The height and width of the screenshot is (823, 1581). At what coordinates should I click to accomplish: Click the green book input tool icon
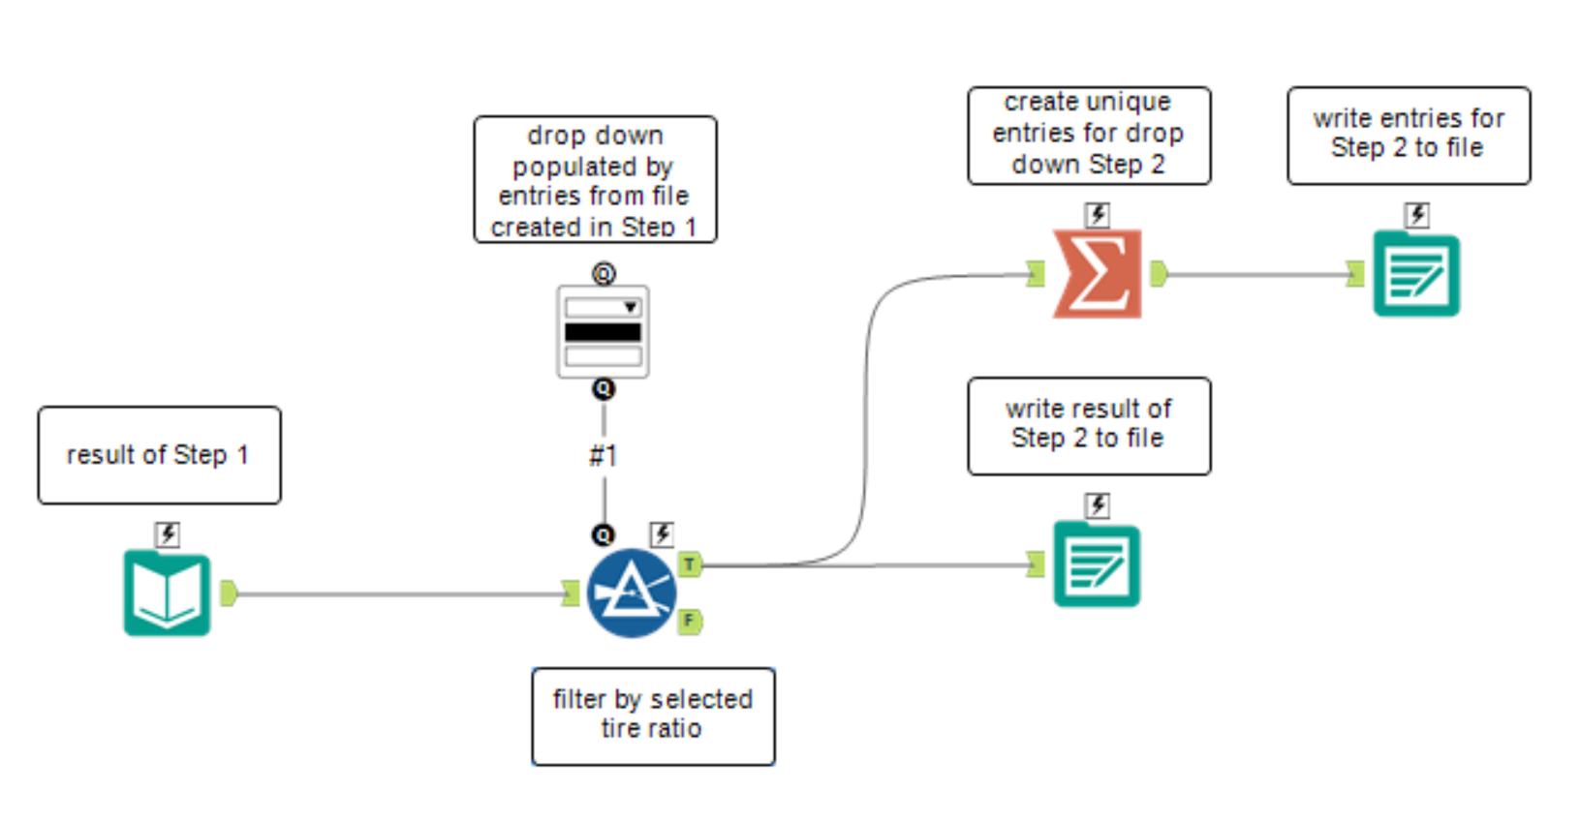(167, 594)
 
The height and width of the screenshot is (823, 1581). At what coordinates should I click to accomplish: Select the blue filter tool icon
(631, 593)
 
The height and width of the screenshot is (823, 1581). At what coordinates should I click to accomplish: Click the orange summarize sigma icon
(1097, 274)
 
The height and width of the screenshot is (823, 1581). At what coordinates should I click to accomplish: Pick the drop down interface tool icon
(603, 331)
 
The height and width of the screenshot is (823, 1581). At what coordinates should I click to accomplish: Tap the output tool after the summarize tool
(1415, 274)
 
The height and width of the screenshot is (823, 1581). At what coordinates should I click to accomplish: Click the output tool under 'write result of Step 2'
(1097, 564)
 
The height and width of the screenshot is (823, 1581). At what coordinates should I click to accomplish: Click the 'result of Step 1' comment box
(159, 455)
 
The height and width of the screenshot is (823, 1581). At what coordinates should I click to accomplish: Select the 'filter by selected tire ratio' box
(652, 716)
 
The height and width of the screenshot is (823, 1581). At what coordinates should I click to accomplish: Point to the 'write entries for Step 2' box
(1408, 135)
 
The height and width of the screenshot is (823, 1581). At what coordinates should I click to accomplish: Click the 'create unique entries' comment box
(1088, 135)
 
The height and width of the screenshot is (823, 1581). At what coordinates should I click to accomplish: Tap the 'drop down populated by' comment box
(595, 179)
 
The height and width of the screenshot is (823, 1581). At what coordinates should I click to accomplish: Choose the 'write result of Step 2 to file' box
(1088, 425)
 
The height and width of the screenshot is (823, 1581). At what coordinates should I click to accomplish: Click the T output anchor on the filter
(690, 564)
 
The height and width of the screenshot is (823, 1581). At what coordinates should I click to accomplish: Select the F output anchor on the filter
(690, 621)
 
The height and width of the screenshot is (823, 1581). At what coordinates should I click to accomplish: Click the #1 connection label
(604, 455)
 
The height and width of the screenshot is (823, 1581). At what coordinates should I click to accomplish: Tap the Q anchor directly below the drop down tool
(604, 389)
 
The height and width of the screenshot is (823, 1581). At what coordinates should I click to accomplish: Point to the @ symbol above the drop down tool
(604, 274)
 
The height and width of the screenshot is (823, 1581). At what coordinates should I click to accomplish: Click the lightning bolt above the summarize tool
(1097, 214)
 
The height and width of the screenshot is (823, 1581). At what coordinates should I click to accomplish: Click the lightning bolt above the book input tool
(168, 533)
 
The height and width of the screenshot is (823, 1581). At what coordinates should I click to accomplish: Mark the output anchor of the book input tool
(229, 593)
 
